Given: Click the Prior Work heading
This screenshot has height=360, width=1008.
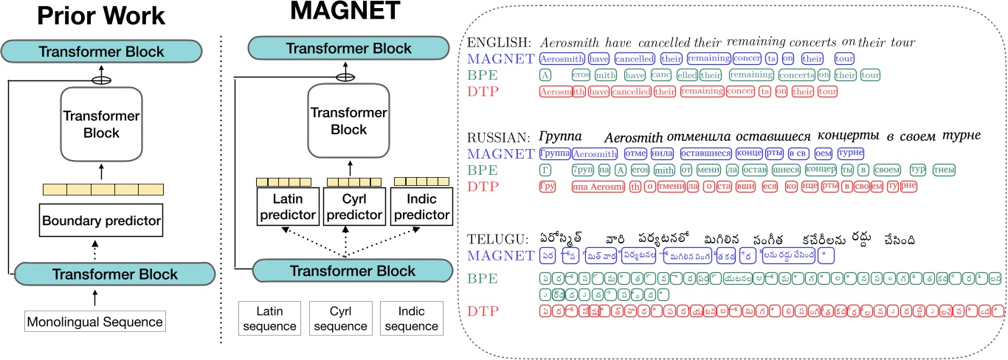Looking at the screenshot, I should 103,17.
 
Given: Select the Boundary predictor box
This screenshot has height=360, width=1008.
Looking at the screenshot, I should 100,219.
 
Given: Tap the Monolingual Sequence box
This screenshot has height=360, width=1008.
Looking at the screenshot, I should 94,322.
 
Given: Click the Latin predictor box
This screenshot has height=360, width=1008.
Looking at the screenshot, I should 288,208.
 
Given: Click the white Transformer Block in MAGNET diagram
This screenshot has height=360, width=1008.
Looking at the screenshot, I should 348,120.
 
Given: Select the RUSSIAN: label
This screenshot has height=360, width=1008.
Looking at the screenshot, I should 497,136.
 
